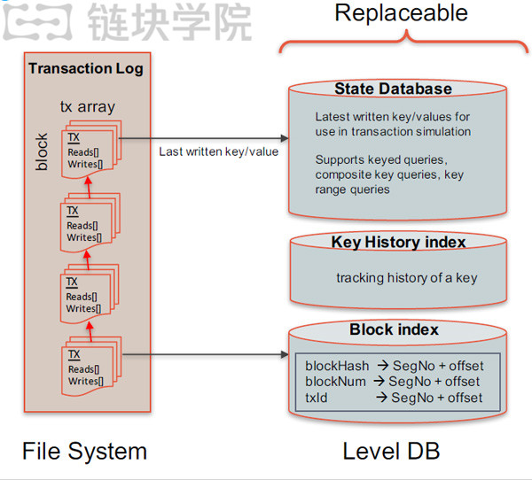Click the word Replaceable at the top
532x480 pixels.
[401, 13]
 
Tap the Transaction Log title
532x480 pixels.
[85, 68]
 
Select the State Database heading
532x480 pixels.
[393, 89]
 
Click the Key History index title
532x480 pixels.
[398, 242]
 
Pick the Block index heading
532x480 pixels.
[394, 329]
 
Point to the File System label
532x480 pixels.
[84, 451]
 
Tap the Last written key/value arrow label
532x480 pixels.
[219, 151]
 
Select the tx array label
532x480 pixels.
[87, 106]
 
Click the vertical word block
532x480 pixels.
[42, 151]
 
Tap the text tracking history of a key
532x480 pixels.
[406, 278]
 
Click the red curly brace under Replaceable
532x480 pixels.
[405, 41]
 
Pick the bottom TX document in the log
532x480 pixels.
[87, 368]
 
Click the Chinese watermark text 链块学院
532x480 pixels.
[168, 21]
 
